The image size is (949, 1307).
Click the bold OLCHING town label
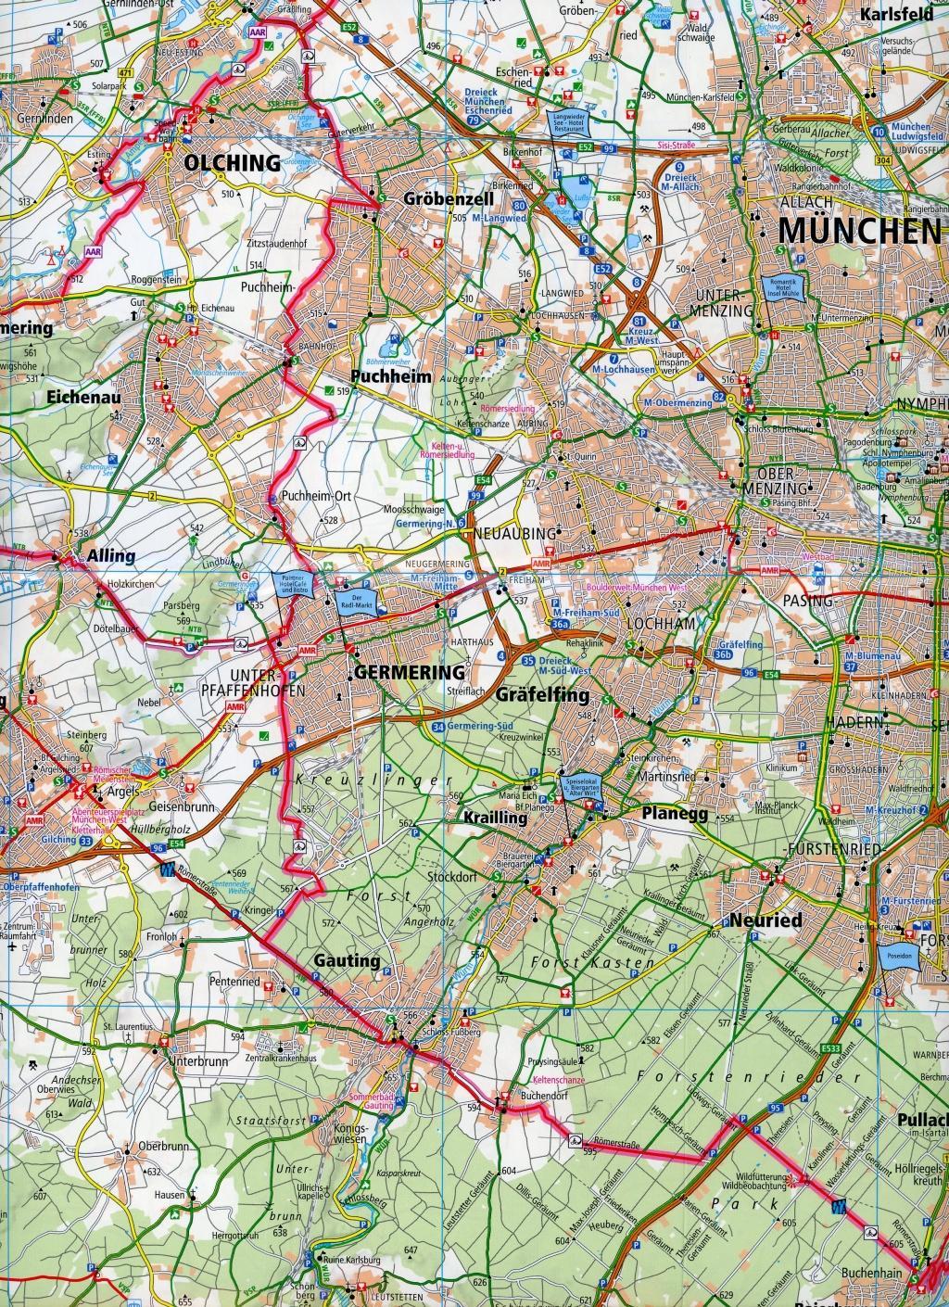[x=232, y=163]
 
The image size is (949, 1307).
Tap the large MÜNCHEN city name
[x=858, y=230]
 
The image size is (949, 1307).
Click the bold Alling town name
[x=111, y=556]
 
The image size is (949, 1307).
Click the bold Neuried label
[x=765, y=921]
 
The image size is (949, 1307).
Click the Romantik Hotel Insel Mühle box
[x=784, y=289]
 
